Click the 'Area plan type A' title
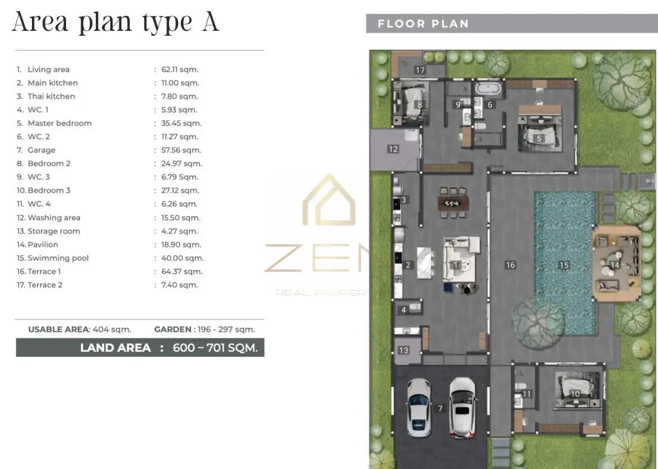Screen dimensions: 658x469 pyautogui.click(x=116, y=22)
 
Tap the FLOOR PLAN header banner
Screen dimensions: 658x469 pyautogui.click(x=512, y=24)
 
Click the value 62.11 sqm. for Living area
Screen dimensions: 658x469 pyautogui.click(x=180, y=69)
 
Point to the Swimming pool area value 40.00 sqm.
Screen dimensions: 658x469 pyautogui.click(x=182, y=258)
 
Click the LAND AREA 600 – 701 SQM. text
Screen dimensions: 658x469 pyautogui.click(x=169, y=347)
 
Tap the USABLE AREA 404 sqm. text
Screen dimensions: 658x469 pyautogui.click(x=80, y=329)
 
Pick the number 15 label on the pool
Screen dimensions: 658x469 pyautogui.click(x=564, y=265)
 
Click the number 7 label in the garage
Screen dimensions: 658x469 pyautogui.click(x=440, y=408)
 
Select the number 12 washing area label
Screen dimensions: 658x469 pyautogui.click(x=393, y=149)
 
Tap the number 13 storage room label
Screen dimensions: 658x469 pyautogui.click(x=403, y=350)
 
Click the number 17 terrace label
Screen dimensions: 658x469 pyautogui.click(x=420, y=70)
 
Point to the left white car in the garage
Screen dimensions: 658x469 pyautogui.click(x=419, y=408)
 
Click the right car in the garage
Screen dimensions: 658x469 pyautogui.click(x=463, y=408)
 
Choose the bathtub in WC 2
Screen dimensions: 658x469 pyautogui.click(x=488, y=89)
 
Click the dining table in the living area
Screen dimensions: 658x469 pyautogui.click(x=453, y=203)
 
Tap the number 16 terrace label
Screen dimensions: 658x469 pyautogui.click(x=510, y=265)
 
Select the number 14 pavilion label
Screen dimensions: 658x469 pyautogui.click(x=615, y=265)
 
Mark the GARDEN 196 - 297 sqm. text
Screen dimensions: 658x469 pyautogui.click(x=204, y=329)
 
